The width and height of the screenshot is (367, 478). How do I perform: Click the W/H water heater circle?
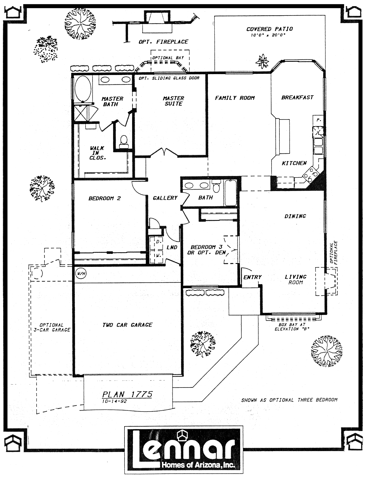click(81, 274)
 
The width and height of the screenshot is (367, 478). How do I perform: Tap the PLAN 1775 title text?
click(127, 394)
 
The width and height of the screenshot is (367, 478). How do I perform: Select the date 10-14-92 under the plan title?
click(114, 401)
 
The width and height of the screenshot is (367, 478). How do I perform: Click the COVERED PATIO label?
click(269, 29)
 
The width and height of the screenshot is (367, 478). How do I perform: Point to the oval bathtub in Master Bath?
click(83, 88)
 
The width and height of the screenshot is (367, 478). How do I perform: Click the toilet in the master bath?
click(124, 142)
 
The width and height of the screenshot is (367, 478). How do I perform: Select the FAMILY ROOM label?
click(235, 98)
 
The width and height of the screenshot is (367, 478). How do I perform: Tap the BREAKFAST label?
click(297, 98)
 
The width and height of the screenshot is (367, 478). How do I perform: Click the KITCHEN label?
click(294, 163)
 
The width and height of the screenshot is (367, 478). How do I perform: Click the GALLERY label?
click(165, 198)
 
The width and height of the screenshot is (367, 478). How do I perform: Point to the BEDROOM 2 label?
click(105, 198)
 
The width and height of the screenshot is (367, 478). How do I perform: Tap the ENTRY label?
click(252, 277)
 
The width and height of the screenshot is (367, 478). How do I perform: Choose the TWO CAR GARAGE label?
click(127, 325)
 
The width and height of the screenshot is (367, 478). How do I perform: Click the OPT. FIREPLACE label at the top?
click(163, 42)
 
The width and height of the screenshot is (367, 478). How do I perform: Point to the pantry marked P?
click(318, 120)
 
